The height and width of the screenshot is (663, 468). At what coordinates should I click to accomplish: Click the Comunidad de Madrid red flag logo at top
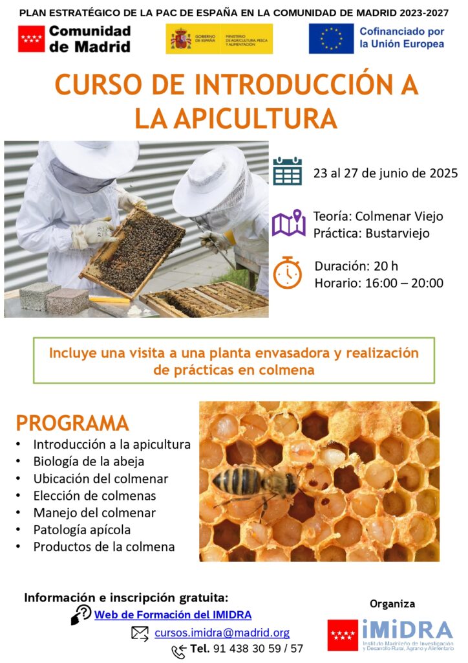[x=31, y=38]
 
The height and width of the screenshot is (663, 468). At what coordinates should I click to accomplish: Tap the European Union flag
[x=331, y=38]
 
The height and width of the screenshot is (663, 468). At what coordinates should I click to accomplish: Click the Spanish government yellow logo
[x=219, y=39]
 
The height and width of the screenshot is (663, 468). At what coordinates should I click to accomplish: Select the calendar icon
[x=288, y=171]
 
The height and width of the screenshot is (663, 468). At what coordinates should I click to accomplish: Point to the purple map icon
[x=289, y=223]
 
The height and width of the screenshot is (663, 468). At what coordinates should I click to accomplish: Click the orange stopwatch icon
[x=288, y=273]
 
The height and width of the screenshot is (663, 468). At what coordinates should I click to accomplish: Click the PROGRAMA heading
[x=72, y=423]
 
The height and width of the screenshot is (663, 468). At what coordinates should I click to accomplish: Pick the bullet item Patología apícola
[x=82, y=530]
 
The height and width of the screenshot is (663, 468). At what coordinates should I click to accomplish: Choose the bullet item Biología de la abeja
[x=89, y=461]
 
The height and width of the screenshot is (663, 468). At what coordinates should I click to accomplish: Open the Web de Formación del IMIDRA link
[x=173, y=615]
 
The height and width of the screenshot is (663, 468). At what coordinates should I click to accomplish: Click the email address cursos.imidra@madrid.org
[x=222, y=633]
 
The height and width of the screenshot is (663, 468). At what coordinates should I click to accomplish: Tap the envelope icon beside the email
[x=140, y=633]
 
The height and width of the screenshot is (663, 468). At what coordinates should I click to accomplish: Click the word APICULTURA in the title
[x=255, y=119]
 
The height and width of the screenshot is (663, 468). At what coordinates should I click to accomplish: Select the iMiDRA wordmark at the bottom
[x=408, y=630]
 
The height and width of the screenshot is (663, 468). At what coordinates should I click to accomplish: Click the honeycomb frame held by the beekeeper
[x=132, y=253]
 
